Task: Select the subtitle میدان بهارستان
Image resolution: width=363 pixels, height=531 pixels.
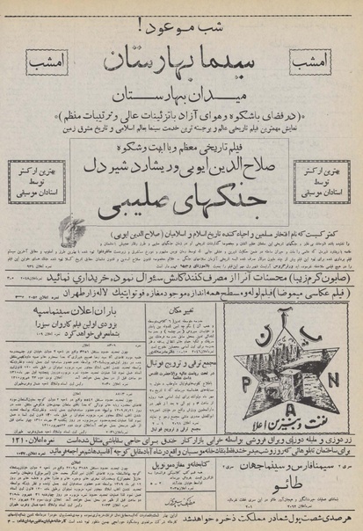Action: (x=184, y=97)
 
